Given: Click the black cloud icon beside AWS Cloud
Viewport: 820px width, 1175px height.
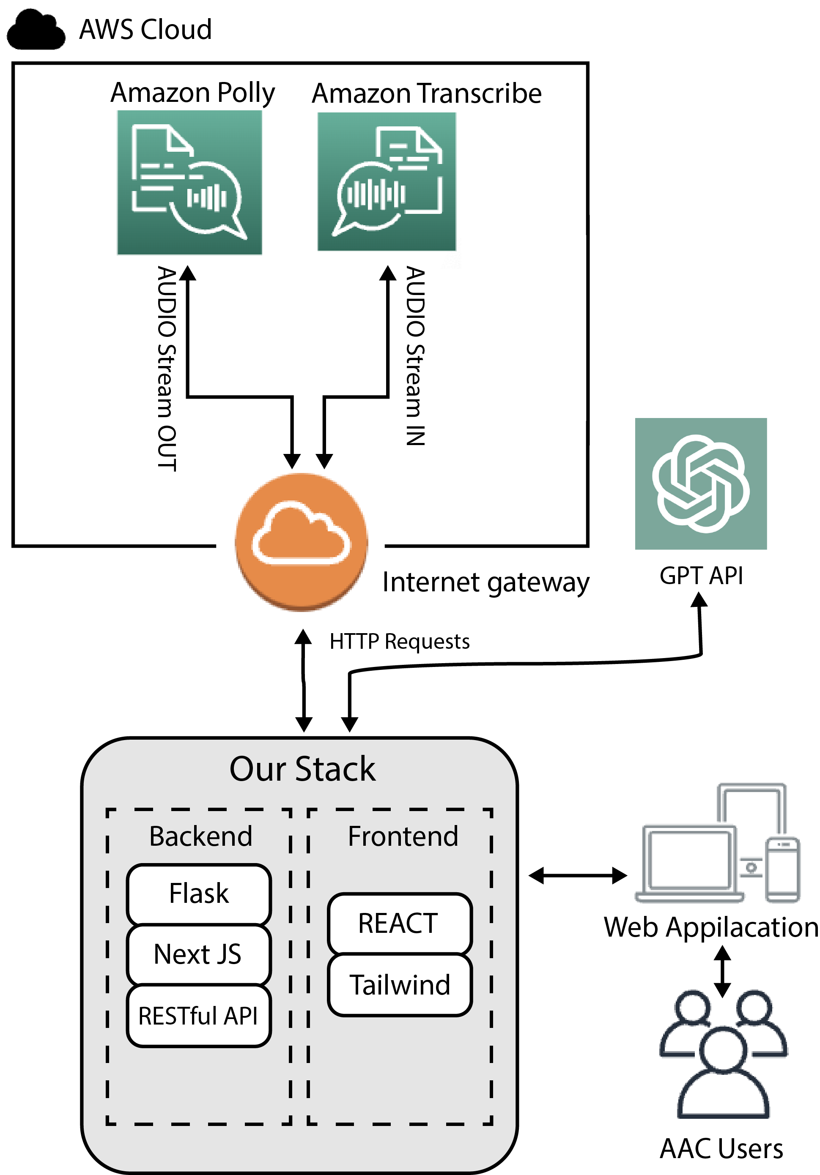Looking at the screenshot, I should (36, 31).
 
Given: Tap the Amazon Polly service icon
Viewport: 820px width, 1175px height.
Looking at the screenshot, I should (189, 183).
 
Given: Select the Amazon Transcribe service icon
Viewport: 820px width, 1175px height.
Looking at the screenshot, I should (387, 182).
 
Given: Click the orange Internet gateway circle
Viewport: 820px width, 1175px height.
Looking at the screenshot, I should (301, 541).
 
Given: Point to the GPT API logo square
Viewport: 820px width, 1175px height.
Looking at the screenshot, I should (701, 484).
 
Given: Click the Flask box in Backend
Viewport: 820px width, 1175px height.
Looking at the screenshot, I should (199, 894).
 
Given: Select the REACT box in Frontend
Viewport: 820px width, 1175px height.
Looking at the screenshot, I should (399, 923).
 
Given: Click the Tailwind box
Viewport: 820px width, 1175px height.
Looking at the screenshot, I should (399, 985).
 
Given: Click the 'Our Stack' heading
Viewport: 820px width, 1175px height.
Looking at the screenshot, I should (302, 769).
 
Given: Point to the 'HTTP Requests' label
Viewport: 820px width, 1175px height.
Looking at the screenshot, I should (400, 641).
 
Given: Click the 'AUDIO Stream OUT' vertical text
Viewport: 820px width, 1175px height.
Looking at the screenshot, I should (167, 369).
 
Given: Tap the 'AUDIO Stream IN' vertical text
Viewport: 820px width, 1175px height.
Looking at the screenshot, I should (415, 356).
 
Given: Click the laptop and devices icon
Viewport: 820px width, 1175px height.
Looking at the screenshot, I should (717, 844).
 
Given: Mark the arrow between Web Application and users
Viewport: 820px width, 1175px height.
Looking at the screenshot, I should (722, 971).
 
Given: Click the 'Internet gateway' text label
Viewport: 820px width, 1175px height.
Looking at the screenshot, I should (485, 582).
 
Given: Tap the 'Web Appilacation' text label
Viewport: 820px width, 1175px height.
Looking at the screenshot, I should (711, 927).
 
